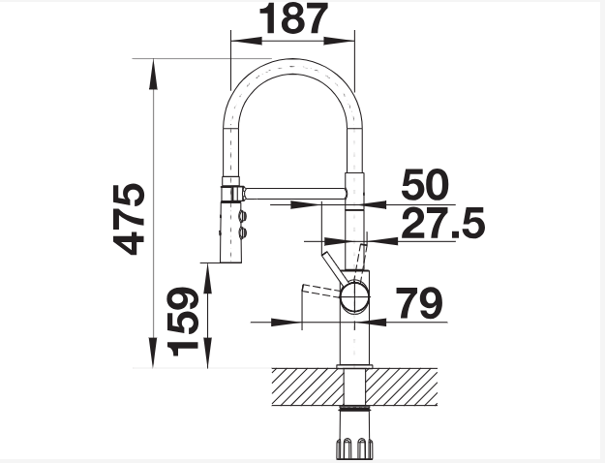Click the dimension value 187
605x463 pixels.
(293, 18)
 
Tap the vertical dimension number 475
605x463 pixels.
(130, 219)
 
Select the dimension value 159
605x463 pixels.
(183, 322)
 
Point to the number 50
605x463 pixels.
(425, 185)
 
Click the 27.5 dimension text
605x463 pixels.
(443, 223)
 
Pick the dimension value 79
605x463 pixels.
(419, 303)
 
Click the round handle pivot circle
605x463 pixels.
(354, 296)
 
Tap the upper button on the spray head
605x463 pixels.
(243, 215)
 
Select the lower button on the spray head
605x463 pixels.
(243, 232)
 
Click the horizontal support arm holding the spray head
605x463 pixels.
(295, 193)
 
